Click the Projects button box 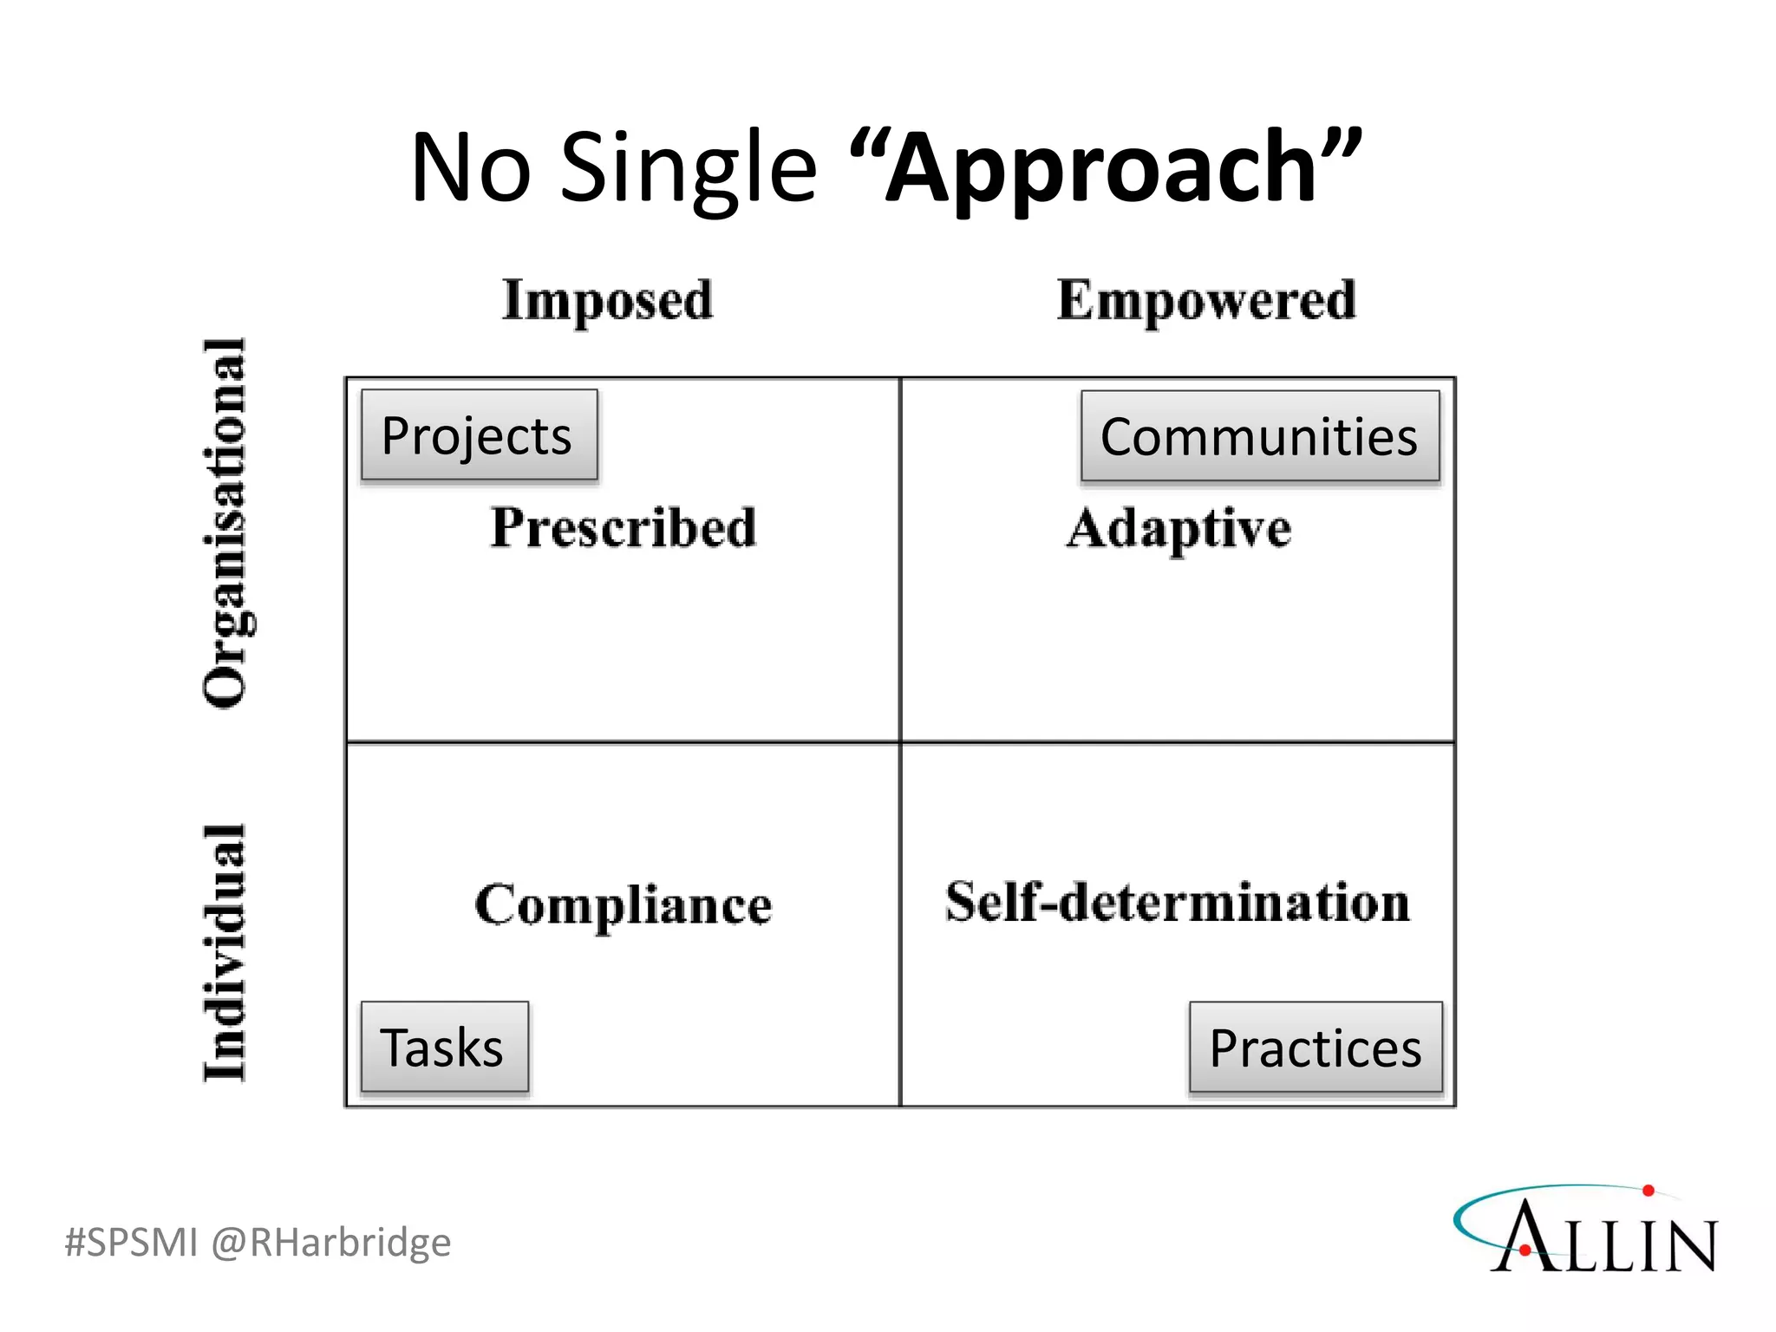click(479, 435)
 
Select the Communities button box click(1259, 436)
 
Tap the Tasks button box click(444, 1047)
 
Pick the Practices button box click(1315, 1048)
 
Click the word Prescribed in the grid click(623, 527)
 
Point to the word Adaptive click(1179, 528)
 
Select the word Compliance click(623, 905)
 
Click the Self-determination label click(1177, 902)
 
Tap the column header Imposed click(607, 301)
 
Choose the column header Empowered click(1206, 301)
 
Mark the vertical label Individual click(225, 952)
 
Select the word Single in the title click(689, 166)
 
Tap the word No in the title click(470, 166)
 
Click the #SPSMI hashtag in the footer click(131, 1242)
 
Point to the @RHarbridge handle click(330, 1242)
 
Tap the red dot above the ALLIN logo click(1648, 1191)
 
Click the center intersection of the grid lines click(900, 742)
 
